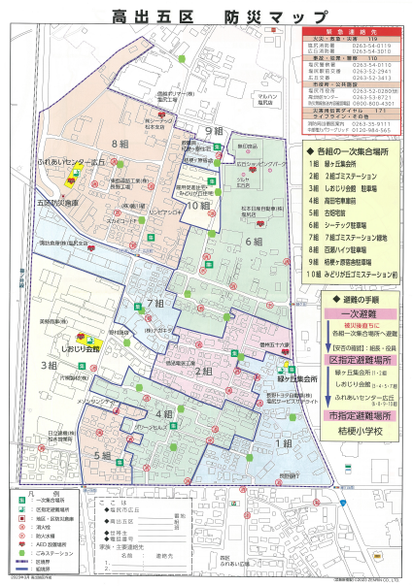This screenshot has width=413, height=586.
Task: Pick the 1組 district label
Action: click(283, 442)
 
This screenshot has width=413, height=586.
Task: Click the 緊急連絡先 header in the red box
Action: click(344, 32)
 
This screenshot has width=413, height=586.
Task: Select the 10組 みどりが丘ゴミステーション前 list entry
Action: click(351, 275)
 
